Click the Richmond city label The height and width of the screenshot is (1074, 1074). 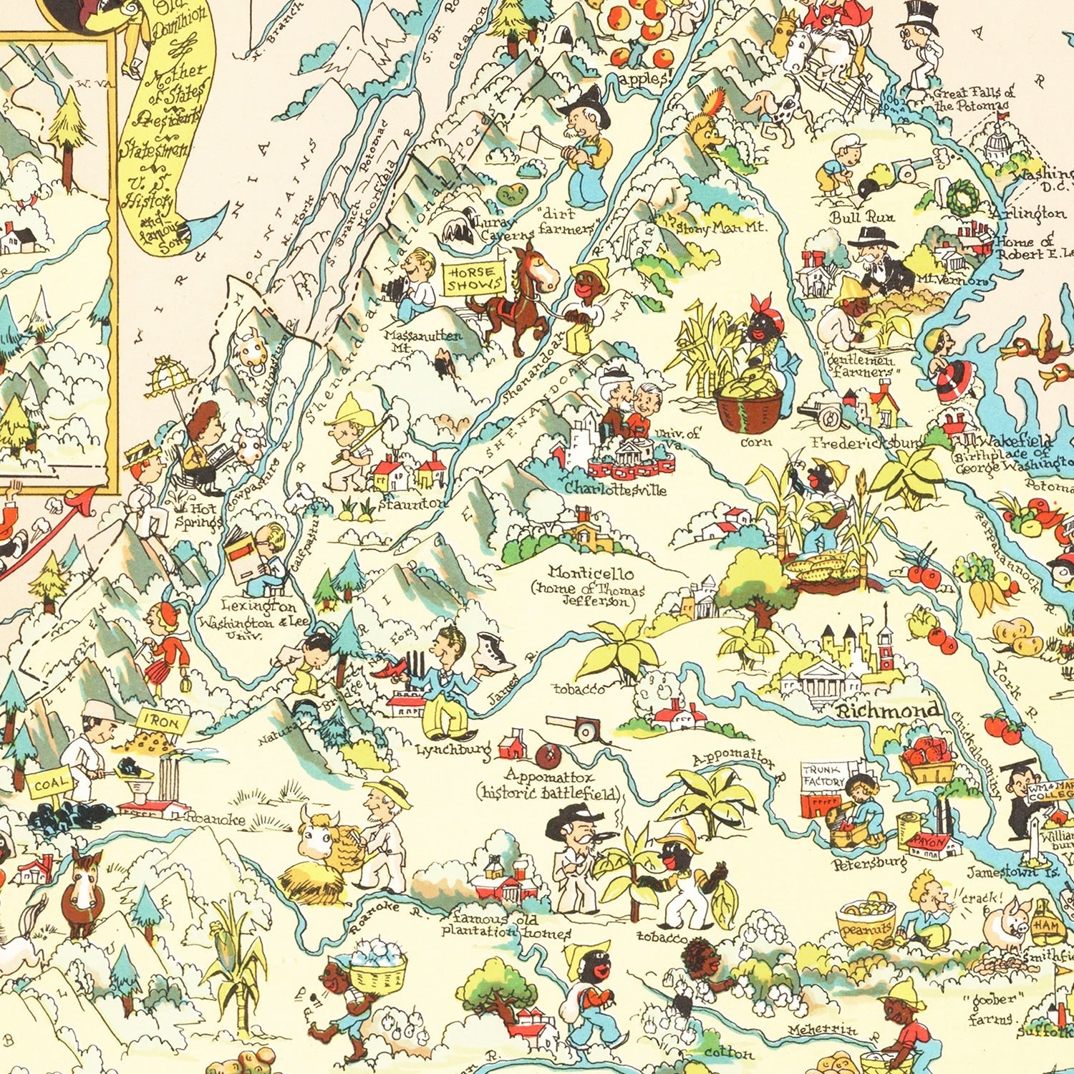tap(889, 710)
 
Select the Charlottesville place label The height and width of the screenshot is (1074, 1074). tap(615, 489)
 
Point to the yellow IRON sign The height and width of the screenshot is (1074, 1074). tap(164, 722)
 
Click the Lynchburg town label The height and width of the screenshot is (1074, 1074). tap(453, 750)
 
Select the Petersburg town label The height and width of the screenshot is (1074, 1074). tap(868, 863)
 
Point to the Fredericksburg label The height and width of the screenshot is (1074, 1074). tap(866, 443)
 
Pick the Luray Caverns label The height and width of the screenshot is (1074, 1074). tap(497, 228)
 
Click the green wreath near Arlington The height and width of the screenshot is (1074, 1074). tap(962, 195)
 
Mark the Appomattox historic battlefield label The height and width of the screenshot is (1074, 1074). tap(549, 783)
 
